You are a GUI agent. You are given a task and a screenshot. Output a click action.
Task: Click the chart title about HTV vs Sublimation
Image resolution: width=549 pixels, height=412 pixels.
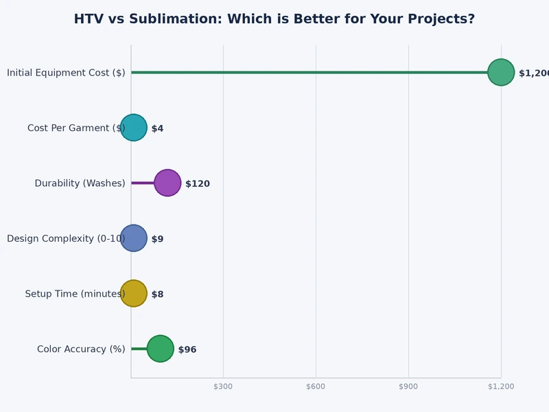click(274, 19)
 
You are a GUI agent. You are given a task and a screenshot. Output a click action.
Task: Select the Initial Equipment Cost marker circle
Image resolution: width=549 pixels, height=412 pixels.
click(501, 72)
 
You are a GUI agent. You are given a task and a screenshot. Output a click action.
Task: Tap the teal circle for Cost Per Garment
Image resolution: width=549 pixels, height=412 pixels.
click(134, 128)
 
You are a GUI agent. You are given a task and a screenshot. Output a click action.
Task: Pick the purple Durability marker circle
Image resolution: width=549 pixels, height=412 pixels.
click(167, 183)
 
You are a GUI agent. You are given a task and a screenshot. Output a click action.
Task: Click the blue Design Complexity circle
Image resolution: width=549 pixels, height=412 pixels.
click(134, 238)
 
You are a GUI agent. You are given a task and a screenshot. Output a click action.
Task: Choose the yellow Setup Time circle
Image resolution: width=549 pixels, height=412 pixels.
click(134, 294)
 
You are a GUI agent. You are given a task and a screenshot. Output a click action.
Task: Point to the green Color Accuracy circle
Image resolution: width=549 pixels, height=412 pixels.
click(161, 349)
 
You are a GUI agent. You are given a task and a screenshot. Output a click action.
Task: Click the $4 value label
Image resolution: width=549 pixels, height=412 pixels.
click(157, 128)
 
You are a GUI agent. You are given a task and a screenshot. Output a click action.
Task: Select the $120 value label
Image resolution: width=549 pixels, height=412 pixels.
click(198, 184)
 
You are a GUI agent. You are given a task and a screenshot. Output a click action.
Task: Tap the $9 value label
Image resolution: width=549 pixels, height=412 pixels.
click(157, 239)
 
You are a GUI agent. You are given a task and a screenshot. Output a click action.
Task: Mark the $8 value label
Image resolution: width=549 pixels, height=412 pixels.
click(157, 295)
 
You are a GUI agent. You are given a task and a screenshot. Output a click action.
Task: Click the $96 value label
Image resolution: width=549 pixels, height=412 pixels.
click(187, 350)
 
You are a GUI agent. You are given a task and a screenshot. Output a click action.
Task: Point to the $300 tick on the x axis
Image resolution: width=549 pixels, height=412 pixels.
click(223, 387)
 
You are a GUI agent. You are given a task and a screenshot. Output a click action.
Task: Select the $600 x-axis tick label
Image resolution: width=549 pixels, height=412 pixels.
click(316, 387)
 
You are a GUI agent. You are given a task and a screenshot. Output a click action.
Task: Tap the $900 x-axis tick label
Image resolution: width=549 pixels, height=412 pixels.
click(408, 387)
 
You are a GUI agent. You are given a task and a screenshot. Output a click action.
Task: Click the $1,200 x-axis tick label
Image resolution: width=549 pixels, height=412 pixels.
click(501, 387)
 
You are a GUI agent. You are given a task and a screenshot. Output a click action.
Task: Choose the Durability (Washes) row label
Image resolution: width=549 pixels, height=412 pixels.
click(80, 183)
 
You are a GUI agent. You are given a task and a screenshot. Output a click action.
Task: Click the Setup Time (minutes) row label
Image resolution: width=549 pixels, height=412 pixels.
click(75, 294)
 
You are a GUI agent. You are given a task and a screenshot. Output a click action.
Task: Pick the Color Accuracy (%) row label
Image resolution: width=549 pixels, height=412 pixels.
click(81, 349)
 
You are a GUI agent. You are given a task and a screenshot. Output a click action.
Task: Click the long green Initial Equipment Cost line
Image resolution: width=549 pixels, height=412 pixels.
click(309, 72)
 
